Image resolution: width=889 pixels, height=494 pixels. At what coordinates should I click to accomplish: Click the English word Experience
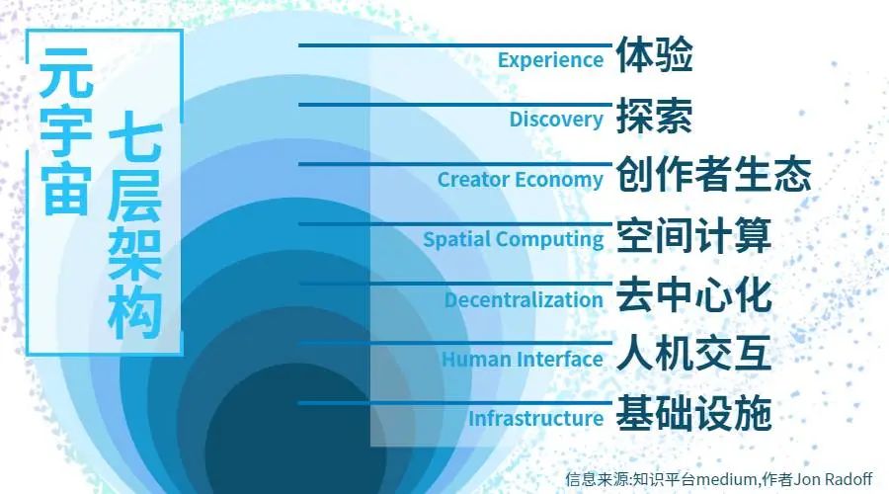tap(550, 60)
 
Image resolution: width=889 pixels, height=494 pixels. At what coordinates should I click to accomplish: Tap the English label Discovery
tap(556, 120)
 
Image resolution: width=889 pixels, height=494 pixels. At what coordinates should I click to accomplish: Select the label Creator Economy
tap(521, 179)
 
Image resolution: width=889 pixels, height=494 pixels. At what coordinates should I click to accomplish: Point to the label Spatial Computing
tap(513, 239)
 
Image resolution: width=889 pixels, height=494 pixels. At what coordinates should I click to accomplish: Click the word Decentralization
tap(524, 299)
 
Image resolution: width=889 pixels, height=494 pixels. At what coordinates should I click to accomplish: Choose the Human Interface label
tap(523, 359)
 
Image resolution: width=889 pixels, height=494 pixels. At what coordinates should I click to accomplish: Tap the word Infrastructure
tap(535, 419)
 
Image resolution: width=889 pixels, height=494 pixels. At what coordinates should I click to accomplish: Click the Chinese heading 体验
tap(655, 54)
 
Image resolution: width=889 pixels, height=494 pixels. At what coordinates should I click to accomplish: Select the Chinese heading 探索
tap(655, 115)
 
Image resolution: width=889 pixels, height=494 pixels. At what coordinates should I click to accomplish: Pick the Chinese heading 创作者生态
tap(714, 174)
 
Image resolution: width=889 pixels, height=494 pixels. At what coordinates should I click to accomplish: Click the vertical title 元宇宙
tap(66, 131)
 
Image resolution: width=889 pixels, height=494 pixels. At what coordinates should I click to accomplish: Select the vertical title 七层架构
tap(135, 225)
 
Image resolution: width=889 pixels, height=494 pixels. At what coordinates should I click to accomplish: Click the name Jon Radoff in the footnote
tap(833, 479)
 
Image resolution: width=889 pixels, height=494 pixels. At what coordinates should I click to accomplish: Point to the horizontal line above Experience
tap(455, 45)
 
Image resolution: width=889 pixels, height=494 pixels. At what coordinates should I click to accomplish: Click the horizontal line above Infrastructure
tap(455, 403)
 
